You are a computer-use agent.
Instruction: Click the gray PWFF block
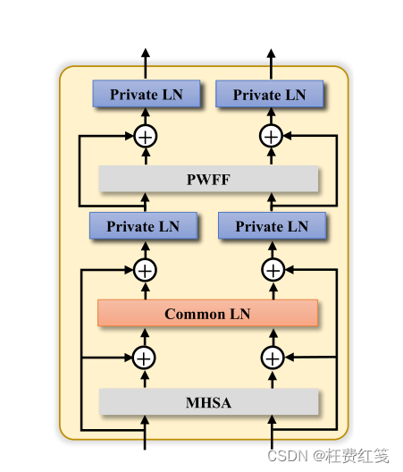(208, 179)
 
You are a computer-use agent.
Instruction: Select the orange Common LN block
(207, 314)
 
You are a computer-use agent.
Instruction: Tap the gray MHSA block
(208, 402)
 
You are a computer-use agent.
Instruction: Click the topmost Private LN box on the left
(146, 94)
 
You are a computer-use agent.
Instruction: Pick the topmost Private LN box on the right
(269, 95)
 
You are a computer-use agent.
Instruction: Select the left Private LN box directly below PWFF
(143, 226)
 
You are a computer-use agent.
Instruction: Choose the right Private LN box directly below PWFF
(272, 227)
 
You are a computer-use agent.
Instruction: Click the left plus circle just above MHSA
(144, 358)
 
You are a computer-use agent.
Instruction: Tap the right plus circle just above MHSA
(272, 358)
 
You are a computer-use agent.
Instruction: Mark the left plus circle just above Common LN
(145, 269)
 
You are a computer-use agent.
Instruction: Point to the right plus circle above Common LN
(272, 269)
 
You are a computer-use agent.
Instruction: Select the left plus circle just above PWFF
(145, 137)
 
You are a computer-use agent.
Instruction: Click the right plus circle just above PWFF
(271, 137)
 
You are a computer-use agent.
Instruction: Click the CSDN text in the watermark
(289, 456)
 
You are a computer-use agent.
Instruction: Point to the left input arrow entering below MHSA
(145, 434)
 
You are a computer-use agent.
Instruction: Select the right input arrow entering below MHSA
(272, 434)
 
